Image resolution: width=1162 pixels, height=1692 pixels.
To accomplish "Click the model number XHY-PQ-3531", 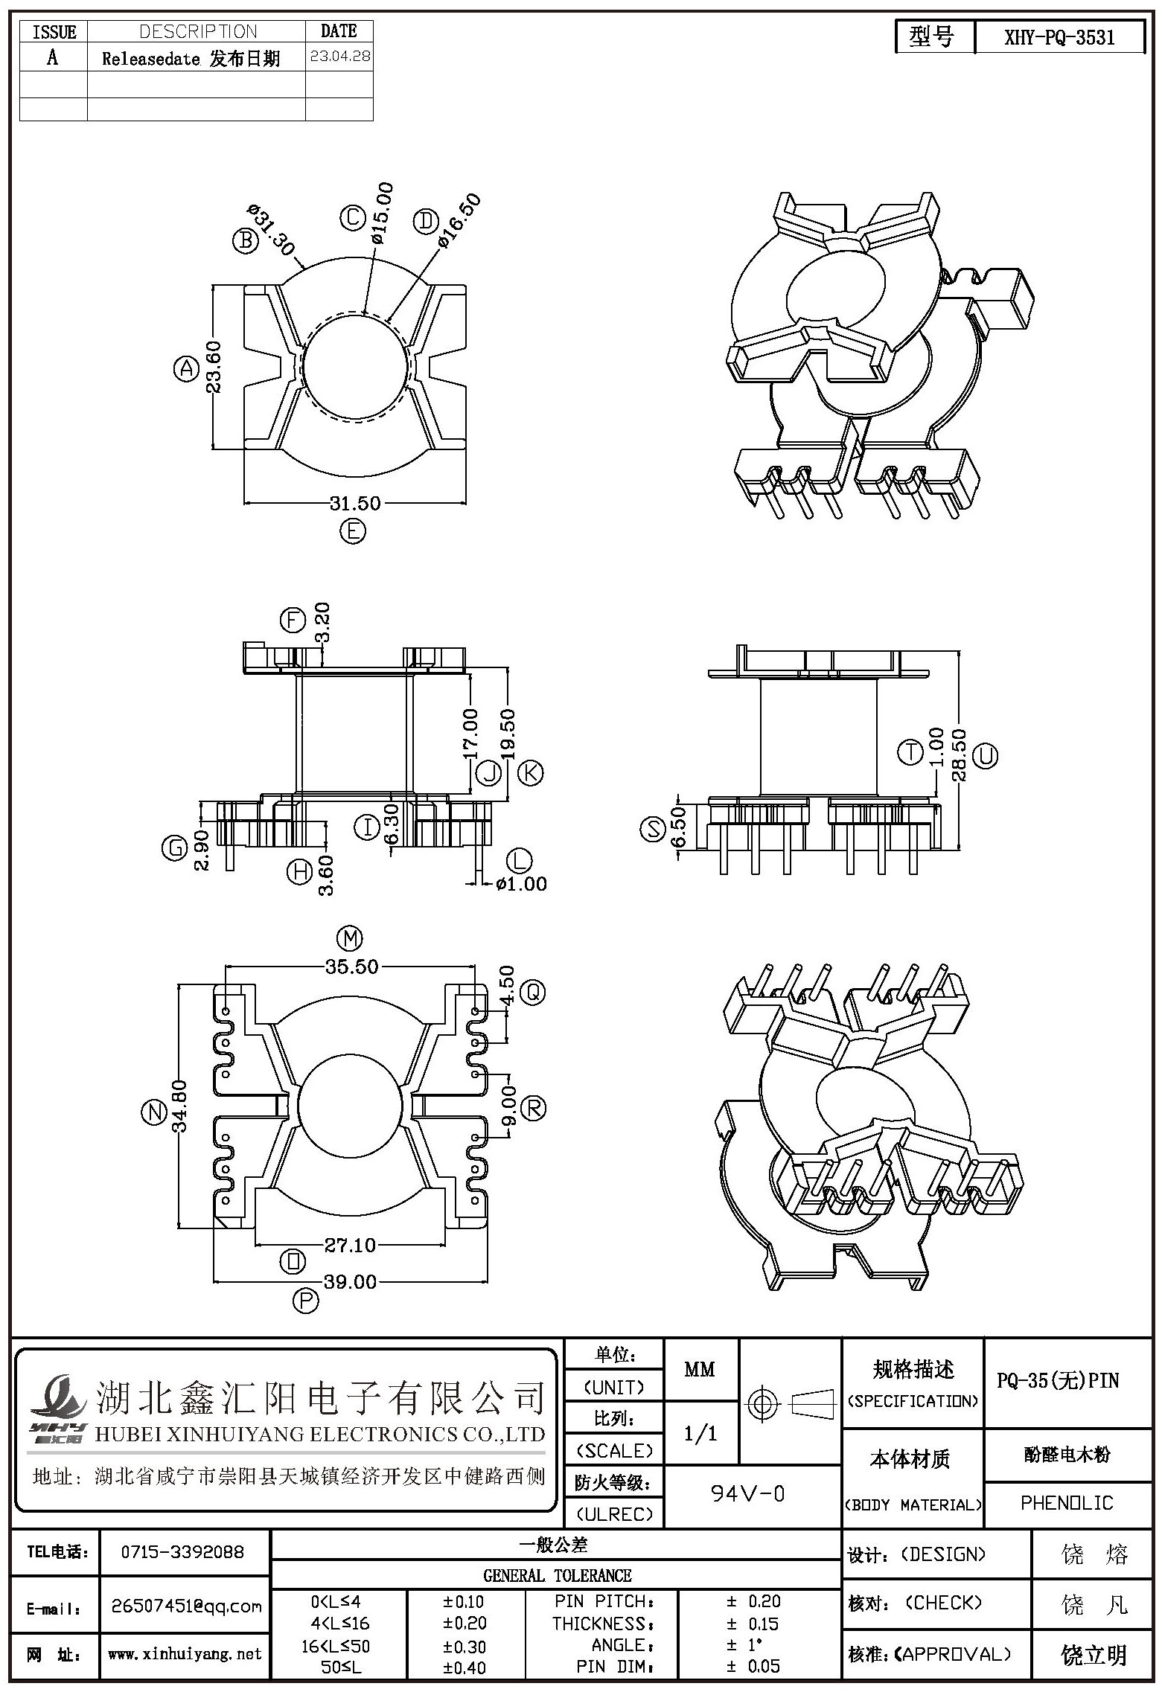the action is point(1059,38).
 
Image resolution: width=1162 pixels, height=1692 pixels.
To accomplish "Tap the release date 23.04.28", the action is point(339,56).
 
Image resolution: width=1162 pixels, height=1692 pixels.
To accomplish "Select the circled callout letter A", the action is point(186,368).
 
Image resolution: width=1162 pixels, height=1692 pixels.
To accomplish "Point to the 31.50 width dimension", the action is point(355,503).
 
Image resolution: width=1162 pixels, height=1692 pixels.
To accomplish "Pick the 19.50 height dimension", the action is point(508,734).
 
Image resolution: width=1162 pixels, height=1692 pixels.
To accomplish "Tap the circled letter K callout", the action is point(531,773).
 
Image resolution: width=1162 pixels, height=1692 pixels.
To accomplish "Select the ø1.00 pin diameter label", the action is point(520,884).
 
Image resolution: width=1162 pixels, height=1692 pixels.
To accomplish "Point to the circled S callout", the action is point(653,829).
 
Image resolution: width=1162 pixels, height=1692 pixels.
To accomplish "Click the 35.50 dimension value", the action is point(351,967).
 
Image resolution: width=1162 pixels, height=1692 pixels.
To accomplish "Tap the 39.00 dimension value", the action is point(350,1281).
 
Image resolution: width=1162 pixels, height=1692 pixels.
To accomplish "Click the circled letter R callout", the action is point(534,1108).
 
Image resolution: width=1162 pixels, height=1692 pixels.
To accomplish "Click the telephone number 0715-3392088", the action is point(182,1551).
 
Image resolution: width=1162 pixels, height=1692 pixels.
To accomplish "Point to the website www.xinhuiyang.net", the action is point(185,1653).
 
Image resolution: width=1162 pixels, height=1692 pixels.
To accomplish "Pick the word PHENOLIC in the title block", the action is point(1067,1502).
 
